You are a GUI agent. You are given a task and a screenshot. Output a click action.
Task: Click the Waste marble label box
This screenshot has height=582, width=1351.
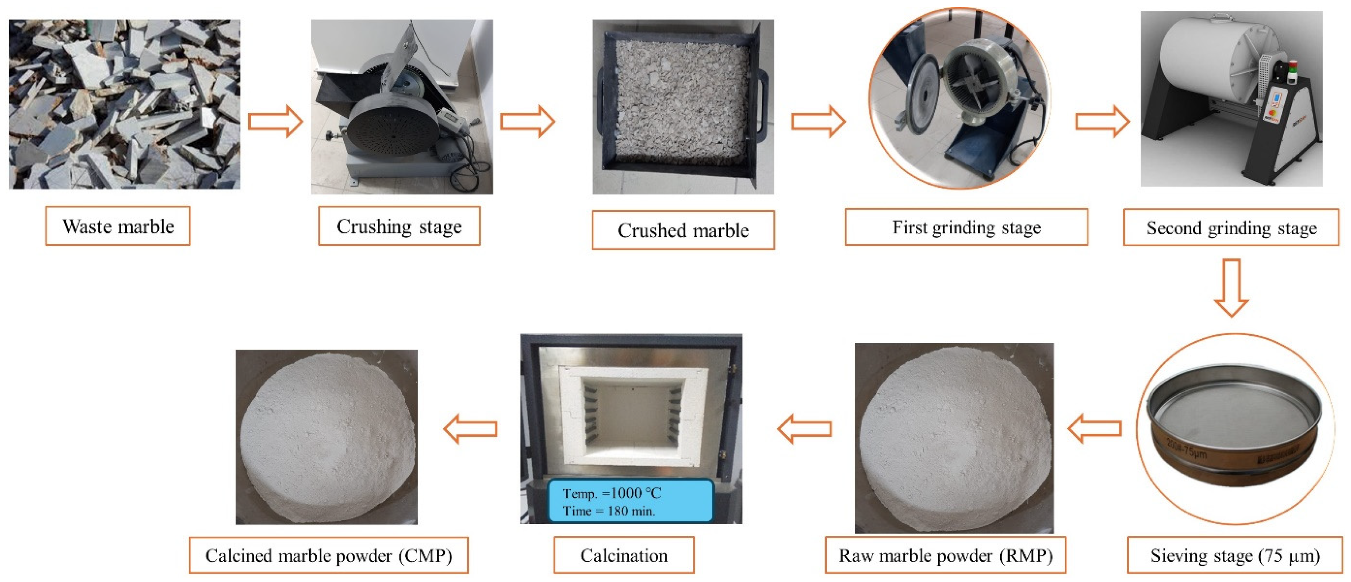(118, 226)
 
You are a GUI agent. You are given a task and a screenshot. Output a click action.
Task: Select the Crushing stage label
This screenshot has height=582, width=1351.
(399, 226)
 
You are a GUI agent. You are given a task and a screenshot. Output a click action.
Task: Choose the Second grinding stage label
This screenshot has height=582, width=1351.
(1231, 228)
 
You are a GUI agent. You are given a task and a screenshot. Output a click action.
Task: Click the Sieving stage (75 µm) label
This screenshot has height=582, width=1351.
(1234, 555)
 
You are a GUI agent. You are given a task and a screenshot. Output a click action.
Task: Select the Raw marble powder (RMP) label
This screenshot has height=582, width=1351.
(945, 555)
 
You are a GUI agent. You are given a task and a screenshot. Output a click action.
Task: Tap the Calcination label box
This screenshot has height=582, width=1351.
(624, 555)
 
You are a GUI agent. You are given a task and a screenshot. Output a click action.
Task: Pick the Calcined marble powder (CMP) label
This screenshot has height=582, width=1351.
(328, 555)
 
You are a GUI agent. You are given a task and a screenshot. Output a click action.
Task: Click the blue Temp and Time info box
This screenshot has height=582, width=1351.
(630, 501)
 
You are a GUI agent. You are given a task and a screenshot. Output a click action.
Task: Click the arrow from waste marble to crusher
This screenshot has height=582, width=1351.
(275, 121)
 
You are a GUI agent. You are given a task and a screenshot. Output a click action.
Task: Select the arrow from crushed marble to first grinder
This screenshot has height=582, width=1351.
(818, 121)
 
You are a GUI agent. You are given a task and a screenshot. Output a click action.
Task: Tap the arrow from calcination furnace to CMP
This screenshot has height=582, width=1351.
(471, 428)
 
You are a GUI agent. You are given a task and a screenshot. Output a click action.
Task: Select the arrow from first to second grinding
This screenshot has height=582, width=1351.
(1102, 121)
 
